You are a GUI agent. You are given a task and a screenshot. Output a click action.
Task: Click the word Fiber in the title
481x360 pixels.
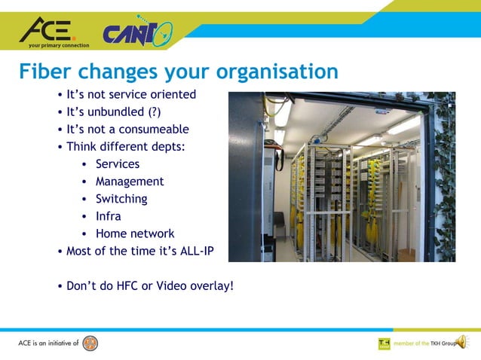click(x=44, y=72)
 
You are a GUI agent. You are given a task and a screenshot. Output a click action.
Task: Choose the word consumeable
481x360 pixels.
click(x=152, y=130)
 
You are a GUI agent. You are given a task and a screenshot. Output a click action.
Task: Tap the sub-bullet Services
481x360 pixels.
click(x=117, y=163)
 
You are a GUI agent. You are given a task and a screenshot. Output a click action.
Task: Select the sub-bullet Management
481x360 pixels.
click(x=129, y=182)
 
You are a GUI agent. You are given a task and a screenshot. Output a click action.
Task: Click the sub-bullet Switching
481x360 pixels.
click(x=121, y=199)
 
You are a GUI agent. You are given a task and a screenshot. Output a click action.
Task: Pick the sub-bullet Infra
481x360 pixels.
click(x=108, y=216)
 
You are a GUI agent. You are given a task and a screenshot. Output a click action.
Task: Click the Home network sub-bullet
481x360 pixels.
click(x=134, y=233)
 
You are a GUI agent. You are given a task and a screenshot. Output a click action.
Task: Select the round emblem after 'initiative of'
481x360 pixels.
click(x=90, y=343)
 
